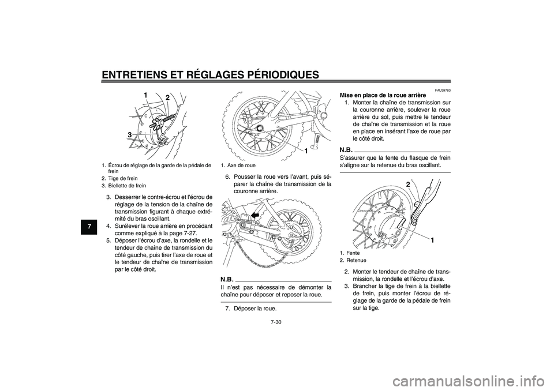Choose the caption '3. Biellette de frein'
tap(123, 186)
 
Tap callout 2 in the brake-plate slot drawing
tap(407, 183)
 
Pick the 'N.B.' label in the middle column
tap(229, 278)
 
